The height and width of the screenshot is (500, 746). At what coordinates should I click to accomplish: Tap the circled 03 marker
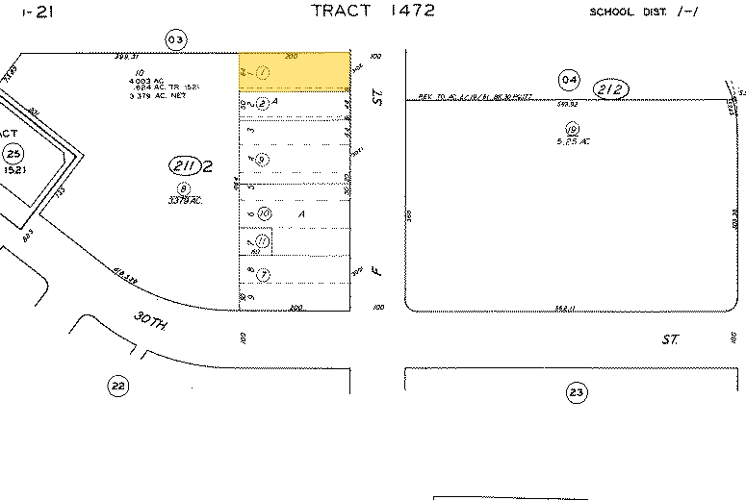[174, 39]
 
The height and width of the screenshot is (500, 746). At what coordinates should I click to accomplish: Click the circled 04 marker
[569, 79]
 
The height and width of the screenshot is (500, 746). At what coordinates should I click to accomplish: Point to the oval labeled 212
[611, 89]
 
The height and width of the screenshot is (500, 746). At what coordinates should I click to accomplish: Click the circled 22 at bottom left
[117, 387]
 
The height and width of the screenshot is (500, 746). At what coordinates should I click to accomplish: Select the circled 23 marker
[577, 392]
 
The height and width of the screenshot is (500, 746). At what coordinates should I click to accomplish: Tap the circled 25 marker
[13, 154]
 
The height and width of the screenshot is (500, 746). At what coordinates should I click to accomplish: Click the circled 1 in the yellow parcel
[260, 73]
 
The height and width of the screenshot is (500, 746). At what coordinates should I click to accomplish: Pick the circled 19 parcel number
[572, 129]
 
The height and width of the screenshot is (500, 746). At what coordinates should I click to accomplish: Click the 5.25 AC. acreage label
[572, 142]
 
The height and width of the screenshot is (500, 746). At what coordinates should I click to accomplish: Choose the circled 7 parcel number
[263, 275]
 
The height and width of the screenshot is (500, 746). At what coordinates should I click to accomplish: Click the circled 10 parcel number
[263, 212]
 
